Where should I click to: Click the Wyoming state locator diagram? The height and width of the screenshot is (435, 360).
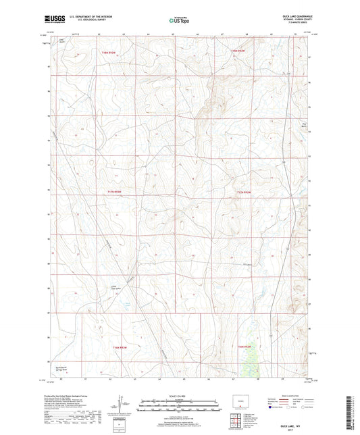(240, 399)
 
